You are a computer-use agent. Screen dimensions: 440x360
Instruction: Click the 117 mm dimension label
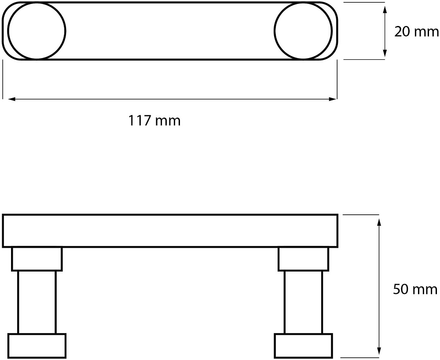154,121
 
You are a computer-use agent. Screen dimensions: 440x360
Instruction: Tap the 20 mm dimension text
417,31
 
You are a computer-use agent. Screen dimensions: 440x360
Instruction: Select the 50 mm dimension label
415,289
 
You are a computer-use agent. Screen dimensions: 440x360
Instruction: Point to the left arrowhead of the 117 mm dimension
11,99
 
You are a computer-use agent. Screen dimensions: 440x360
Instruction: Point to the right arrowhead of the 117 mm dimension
334,99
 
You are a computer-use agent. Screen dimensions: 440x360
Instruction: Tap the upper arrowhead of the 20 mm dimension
385,9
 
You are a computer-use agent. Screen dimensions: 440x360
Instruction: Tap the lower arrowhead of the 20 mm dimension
385,53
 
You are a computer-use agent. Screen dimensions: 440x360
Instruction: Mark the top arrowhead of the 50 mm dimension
379,222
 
